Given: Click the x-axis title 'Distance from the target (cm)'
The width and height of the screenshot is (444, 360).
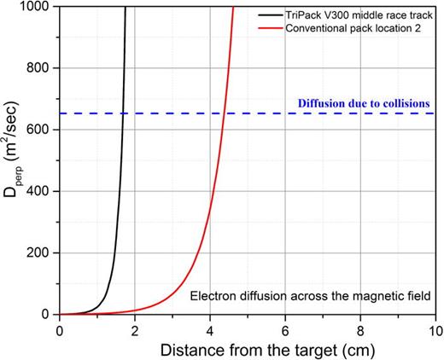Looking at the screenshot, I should click(x=248, y=348).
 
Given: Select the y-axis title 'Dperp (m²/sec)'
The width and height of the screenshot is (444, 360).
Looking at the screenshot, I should click(x=12, y=160).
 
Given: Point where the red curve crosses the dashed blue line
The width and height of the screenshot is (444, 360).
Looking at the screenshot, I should click(x=223, y=113).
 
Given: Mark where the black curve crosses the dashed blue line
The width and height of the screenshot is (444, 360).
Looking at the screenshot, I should click(x=123, y=113).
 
